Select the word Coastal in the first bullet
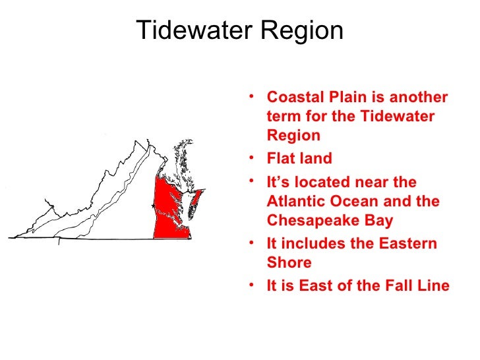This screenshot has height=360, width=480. pos(292,98)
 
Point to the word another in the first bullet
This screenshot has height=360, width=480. pos(417,98)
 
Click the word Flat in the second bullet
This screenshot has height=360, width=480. pos(280,159)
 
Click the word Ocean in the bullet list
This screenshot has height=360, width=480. pos(345,201)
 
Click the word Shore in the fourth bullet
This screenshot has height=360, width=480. pos(289,262)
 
